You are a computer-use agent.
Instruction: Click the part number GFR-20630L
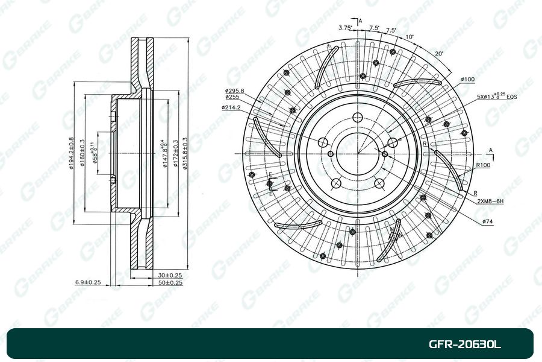point(464,345)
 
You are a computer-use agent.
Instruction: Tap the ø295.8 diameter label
point(235,90)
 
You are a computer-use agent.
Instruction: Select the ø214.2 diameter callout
point(231,107)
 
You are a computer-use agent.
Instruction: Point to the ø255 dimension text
point(232,97)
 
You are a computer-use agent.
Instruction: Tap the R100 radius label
point(483,165)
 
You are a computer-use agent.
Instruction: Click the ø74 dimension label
point(488,222)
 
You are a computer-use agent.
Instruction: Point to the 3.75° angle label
point(345,27)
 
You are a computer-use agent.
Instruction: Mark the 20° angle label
point(439,53)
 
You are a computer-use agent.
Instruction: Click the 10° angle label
point(410,37)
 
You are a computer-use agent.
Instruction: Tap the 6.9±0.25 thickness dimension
point(87,282)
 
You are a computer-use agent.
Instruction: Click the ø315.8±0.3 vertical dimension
point(185,154)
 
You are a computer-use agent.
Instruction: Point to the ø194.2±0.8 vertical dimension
point(71,154)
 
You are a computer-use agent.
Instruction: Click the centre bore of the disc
point(357,153)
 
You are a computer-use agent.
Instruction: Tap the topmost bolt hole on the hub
point(357,118)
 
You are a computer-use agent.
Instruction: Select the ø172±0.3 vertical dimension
point(175,154)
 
